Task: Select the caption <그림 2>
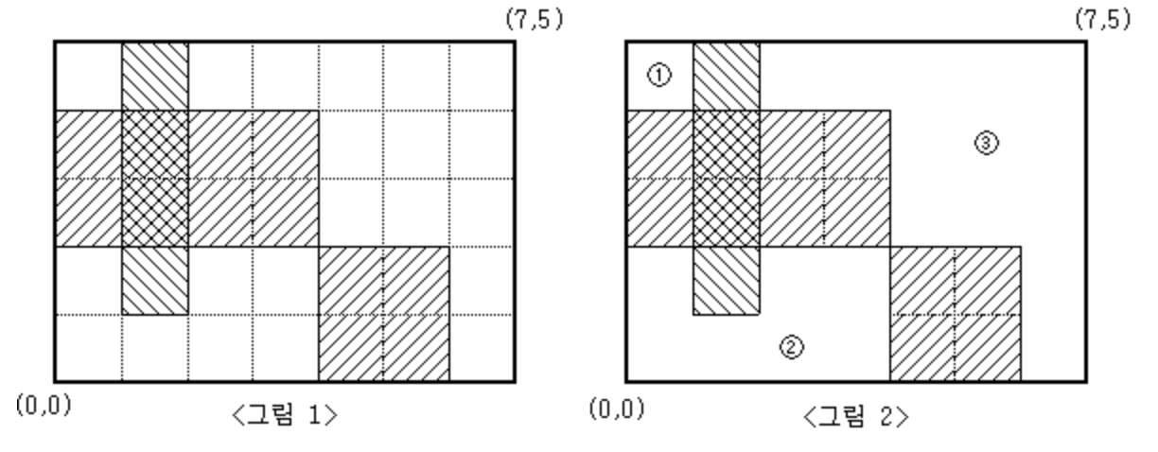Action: point(855,417)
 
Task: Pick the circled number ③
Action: point(985,143)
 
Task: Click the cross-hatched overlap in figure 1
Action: point(154,179)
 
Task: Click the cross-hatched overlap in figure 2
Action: point(727,179)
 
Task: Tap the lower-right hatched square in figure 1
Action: point(383,314)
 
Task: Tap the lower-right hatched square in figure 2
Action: point(956,314)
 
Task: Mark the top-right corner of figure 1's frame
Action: point(516,43)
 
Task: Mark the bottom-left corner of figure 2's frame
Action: point(626,381)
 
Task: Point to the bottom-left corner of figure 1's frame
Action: point(55,381)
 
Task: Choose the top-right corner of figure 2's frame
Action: point(1087,43)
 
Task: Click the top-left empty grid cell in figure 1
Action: point(88,77)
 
